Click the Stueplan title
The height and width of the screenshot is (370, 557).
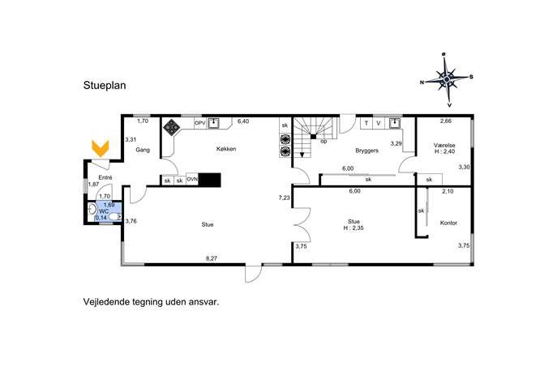click(x=105, y=86)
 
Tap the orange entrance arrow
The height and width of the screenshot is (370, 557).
click(x=101, y=148)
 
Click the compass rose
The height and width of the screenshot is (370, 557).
click(x=447, y=79)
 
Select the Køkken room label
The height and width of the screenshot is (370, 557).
click(x=226, y=149)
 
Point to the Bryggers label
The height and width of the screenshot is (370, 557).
click(x=367, y=151)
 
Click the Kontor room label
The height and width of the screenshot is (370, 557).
click(x=448, y=223)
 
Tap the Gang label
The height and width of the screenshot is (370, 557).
click(x=143, y=150)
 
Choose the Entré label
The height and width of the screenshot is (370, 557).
click(x=105, y=178)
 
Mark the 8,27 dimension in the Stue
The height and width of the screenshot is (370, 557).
click(x=212, y=258)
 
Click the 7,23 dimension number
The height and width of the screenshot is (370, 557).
click(x=285, y=198)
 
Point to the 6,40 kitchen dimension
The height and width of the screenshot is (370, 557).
click(x=243, y=121)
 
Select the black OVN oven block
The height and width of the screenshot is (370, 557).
click(x=210, y=181)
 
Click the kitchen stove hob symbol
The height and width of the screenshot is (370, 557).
click(x=171, y=127)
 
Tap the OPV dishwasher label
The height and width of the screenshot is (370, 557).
click(x=200, y=123)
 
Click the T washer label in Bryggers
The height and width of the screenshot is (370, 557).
click(x=366, y=123)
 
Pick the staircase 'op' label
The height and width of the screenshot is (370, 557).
click(x=323, y=141)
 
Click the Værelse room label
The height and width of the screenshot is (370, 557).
click(x=444, y=146)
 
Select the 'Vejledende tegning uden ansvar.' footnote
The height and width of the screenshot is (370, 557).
click(x=152, y=302)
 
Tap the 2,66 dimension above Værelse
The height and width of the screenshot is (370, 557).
click(x=446, y=121)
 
